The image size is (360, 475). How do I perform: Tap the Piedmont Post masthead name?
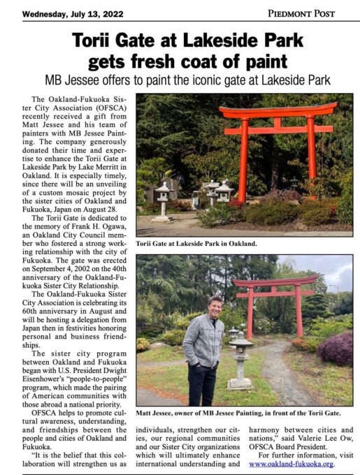click(301, 13)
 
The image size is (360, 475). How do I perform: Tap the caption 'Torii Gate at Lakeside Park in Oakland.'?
click(196, 244)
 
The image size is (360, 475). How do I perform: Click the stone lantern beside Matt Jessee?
click(240, 356)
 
